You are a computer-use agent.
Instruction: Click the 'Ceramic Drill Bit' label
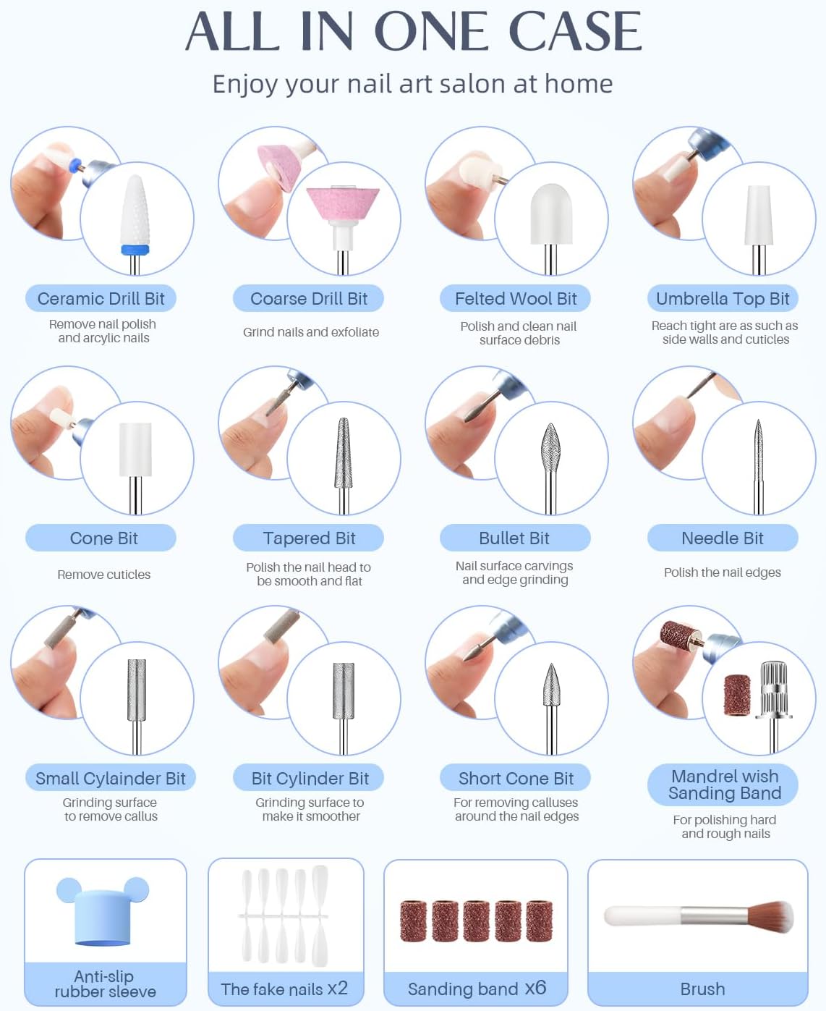pyautogui.click(x=101, y=299)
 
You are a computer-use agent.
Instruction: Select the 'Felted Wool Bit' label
pyautogui.click(x=516, y=299)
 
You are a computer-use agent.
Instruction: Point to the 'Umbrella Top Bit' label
pyautogui.click(x=723, y=299)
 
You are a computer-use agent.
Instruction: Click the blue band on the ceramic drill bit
pyautogui.click(x=135, y=250)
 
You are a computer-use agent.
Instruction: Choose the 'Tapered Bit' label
pyautogui.click(x=309, y=538)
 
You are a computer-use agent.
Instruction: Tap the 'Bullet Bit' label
pyautogui.click(x=514, y=538)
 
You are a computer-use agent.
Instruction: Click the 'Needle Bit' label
pyautogui.click(x=723, y=538)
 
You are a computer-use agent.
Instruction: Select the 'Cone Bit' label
pyautogui.click(x=103, y=538)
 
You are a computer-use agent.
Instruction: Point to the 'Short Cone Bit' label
pyautogui.click(x=516, y=778)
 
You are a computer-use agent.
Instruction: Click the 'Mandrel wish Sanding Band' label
pyautogui.click(x=725, y=784)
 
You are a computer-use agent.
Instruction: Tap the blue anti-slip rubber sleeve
pyautogui.click(x=103, y=911)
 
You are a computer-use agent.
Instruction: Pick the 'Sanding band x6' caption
pyautogui.click(x=477, y=989)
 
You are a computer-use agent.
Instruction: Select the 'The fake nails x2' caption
pyautogui.click(x=284, y=989)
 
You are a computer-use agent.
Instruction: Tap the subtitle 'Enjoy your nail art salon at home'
pyautogui.click(x=412, y=85)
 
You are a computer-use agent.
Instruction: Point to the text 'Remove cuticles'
pyautogui.click(x=103, y=575)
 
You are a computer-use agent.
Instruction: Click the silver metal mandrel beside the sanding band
pyautogui.click(x=774, y=705)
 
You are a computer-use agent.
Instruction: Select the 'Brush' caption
pyautogui.click(x=702, y=989)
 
